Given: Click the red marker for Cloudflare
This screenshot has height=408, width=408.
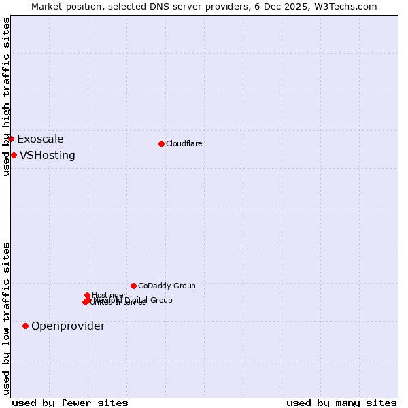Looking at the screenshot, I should (x=161, y=143).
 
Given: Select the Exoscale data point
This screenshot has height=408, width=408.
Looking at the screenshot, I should (x=11, y=139).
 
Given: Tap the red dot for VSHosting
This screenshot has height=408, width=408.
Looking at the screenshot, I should (x=14, y=155).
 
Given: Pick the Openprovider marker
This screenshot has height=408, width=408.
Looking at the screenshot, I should (x=26, y=326).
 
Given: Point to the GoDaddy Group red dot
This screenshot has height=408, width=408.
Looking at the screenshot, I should (x=133, y=286).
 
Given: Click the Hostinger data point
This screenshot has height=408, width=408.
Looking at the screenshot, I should (x=88, y=295).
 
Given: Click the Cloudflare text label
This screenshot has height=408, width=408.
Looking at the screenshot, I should (x=184, y=143).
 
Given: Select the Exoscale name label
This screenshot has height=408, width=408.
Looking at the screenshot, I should (x=40, y=139).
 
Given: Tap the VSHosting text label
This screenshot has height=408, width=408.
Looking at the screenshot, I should (x=48, y=155).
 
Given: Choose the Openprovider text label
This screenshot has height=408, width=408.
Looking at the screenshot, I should (x=68, y=326).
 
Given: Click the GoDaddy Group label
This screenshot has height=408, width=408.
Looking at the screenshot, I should (x=167, y=286).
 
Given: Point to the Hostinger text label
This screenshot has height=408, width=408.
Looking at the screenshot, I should (x=109, y=295).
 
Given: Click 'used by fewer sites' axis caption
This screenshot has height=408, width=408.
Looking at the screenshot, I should (x=70, y=403).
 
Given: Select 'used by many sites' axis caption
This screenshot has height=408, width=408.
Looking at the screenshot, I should (x=341, y=403).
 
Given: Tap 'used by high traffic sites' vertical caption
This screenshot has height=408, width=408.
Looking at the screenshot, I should (x=6, y=97).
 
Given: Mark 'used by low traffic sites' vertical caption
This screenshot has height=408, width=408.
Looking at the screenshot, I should (x=6, y=318).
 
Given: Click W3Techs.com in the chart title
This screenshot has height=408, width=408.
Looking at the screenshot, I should (x=346, y=6).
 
